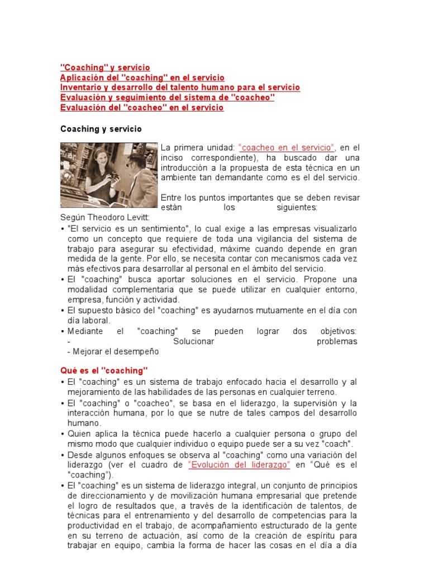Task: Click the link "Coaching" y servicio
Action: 105,67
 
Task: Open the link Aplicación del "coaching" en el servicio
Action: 142,78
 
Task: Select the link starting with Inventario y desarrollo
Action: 180,88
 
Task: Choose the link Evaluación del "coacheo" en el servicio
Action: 142,108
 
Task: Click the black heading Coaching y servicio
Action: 101,129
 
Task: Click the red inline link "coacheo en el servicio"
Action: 287,147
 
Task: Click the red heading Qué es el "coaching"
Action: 104,370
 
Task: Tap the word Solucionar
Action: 194,341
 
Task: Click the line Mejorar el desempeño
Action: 113,351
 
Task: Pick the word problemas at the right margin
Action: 337,341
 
